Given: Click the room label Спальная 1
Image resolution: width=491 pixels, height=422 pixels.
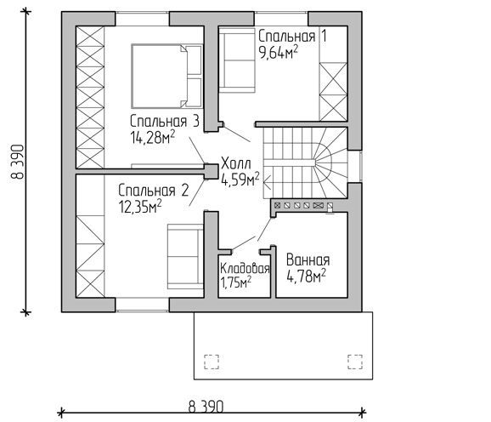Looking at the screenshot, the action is (x=292, y=37).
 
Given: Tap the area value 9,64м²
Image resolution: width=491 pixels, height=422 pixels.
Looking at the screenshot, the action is (x=278, y=52).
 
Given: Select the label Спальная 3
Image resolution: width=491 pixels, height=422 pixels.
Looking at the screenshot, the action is (x=165, y=122).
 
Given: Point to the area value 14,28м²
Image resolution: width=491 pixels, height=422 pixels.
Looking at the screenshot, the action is (x=153, y=137).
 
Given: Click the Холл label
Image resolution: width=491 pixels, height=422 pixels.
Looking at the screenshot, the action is (x=236, y=163).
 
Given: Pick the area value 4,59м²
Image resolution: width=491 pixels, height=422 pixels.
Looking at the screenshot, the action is (x=240, y=179).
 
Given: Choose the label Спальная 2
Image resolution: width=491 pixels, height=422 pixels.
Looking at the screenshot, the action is (x=154, y=191).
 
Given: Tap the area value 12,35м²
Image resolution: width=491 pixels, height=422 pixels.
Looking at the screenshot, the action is (x=140, y=206).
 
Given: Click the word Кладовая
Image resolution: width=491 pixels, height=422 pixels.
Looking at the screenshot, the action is (x=245, y=269).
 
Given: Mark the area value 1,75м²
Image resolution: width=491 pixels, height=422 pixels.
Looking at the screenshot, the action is (x=236, y=282).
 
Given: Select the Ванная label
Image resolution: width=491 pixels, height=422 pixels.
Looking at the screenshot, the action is (x=308, y=260).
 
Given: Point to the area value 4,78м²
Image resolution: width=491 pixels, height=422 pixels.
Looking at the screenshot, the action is (x=307, y=276).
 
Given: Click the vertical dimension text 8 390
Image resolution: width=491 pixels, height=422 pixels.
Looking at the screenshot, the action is (x=19, y=162).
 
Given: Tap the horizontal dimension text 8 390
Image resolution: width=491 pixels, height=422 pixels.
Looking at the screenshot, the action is (x=206, y=407).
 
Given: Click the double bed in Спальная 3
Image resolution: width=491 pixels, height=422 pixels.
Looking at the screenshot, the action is (x=166, y=77).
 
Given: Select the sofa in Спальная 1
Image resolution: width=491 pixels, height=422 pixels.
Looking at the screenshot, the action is (x=237, y=60).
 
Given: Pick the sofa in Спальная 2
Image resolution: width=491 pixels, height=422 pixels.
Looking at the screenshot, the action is (x=185, y=256).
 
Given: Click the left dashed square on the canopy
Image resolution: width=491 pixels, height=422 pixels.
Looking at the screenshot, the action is (x=212, y=362).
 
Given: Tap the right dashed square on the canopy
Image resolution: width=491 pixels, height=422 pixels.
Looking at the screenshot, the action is (x=355, y=362).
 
